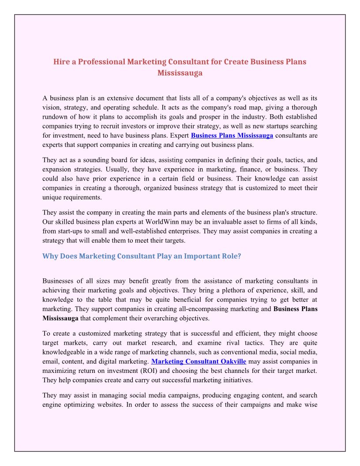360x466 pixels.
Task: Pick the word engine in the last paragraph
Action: click(x=52, y=405)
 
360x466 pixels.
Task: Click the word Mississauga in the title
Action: click(x=180, y=73)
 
